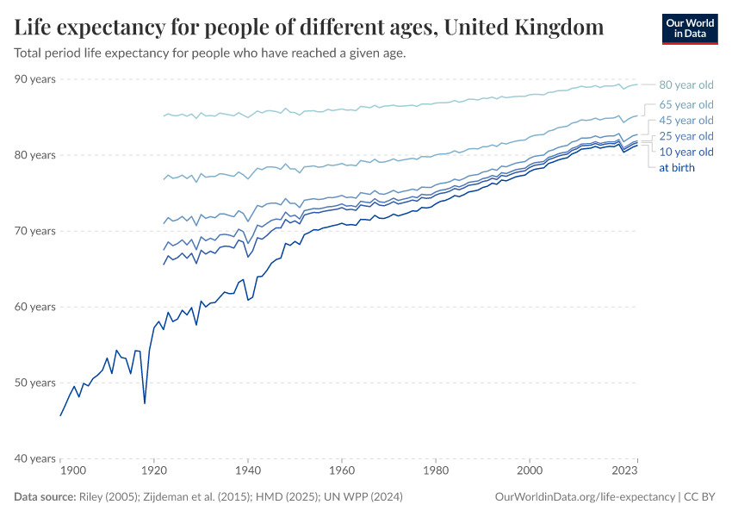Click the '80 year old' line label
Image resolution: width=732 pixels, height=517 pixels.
686,84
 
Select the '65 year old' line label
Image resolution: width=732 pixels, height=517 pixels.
686,104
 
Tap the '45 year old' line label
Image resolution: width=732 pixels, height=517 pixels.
686,121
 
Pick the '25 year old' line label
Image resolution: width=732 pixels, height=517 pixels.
686,136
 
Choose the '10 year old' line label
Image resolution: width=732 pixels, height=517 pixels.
686,152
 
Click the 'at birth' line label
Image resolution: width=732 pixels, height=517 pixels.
677,167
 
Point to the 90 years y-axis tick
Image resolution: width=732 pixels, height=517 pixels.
35,79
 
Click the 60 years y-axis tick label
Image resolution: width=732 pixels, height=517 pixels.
35,307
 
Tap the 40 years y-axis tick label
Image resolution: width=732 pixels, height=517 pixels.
35,458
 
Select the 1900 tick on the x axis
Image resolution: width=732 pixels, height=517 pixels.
72,471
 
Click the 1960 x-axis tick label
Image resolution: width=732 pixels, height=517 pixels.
342,471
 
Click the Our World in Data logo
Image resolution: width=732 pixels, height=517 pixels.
690,28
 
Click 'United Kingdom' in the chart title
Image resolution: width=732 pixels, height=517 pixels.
524,27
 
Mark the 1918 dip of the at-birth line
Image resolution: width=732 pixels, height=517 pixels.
145,402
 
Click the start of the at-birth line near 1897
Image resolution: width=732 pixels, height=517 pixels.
60,415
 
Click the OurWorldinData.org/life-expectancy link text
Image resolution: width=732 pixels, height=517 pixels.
586,497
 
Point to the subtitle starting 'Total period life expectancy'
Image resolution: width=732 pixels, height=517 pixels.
210,53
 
